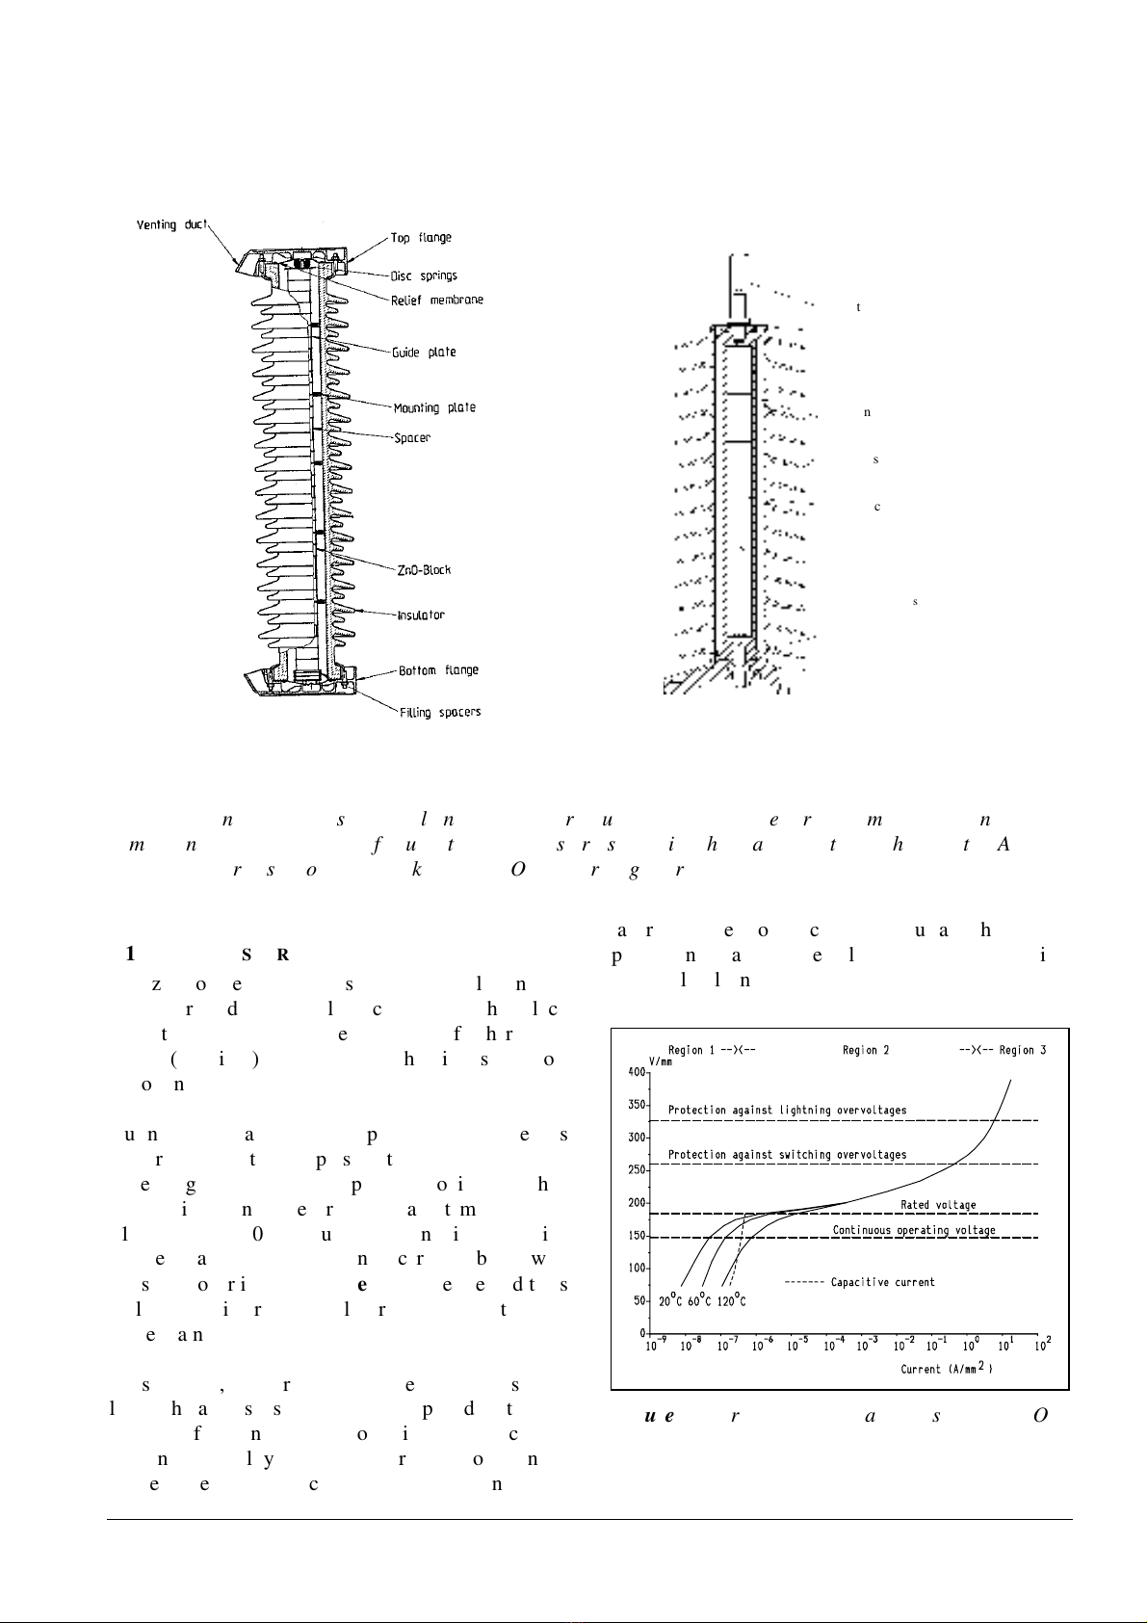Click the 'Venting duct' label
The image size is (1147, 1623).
[170, 224]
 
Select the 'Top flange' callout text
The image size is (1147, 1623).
[421, 238]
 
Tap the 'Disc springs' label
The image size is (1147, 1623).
[424, 275]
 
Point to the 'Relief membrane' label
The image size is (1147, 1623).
[436, 300]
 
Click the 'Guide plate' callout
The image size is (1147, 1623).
[424, 352]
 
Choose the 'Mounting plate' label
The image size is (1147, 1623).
[434, 407]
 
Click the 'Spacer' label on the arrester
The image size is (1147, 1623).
[412, 438]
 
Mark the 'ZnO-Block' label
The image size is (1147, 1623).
[424, 569]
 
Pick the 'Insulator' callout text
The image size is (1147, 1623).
[421, 615]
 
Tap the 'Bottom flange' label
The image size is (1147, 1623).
[438, 670]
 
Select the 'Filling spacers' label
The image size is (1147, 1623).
[440, 712]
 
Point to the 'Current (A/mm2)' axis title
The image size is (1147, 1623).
[946, 1369]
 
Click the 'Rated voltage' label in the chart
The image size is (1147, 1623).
[938, 1205]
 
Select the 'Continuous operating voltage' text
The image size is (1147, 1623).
[914, 1230]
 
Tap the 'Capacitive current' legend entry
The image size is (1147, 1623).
[882, 1282]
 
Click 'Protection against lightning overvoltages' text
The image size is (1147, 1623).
[787, 1111]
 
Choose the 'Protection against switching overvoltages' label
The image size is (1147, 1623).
[787, 1154]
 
